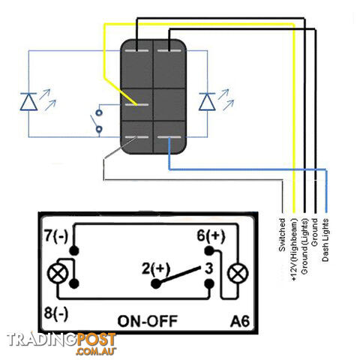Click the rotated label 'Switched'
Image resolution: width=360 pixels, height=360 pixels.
pos(282,235)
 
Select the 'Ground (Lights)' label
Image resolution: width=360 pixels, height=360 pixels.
pos(304,247)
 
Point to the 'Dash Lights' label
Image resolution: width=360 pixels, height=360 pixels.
pos(325,240)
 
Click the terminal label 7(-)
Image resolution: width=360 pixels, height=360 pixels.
pos(56,235)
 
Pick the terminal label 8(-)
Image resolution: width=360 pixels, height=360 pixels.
pos(56,313)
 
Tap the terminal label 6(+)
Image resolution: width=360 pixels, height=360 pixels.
pos(211,235)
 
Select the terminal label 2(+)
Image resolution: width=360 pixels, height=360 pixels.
pos(156,269)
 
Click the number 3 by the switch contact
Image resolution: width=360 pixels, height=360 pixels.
pos(209,268)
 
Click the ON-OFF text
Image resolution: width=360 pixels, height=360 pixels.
pos(148,321)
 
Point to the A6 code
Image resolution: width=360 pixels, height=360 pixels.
pos(240,321)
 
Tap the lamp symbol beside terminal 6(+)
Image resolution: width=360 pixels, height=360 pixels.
pos(238,273)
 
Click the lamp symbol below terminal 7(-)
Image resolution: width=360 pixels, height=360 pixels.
pos(58,274)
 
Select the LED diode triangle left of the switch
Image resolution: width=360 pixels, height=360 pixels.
pos(28,101)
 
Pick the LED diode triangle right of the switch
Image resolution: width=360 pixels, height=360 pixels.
pos(207,101)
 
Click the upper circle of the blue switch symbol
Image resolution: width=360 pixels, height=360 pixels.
pos(99,112)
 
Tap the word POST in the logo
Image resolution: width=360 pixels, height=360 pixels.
pos(96,340)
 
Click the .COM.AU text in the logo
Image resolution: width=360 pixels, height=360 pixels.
pos(95,351)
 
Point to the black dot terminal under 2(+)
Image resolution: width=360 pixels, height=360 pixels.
pos(156,283)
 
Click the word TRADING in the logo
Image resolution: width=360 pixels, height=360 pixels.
pos(41,340)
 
